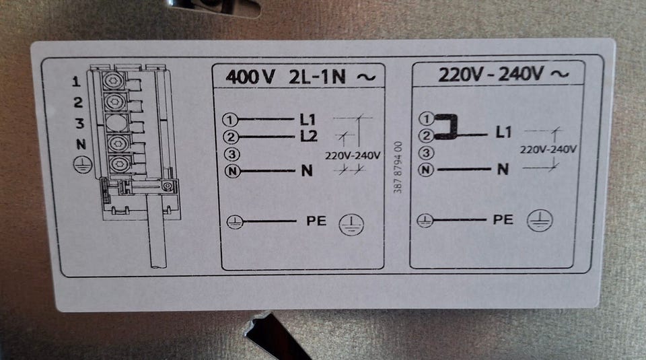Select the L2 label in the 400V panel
309,135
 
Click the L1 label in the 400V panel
308,120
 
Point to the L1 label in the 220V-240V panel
503,132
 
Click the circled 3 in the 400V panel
232,154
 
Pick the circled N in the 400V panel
232,170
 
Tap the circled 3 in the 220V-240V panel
426,153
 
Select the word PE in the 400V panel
316,221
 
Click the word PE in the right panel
503,219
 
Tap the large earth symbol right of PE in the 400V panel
351,225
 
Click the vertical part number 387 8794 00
398,168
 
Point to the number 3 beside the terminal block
79,122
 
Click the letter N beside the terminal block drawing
81,144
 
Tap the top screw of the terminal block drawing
114,80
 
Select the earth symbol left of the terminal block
82,165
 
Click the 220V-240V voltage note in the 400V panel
352,155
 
